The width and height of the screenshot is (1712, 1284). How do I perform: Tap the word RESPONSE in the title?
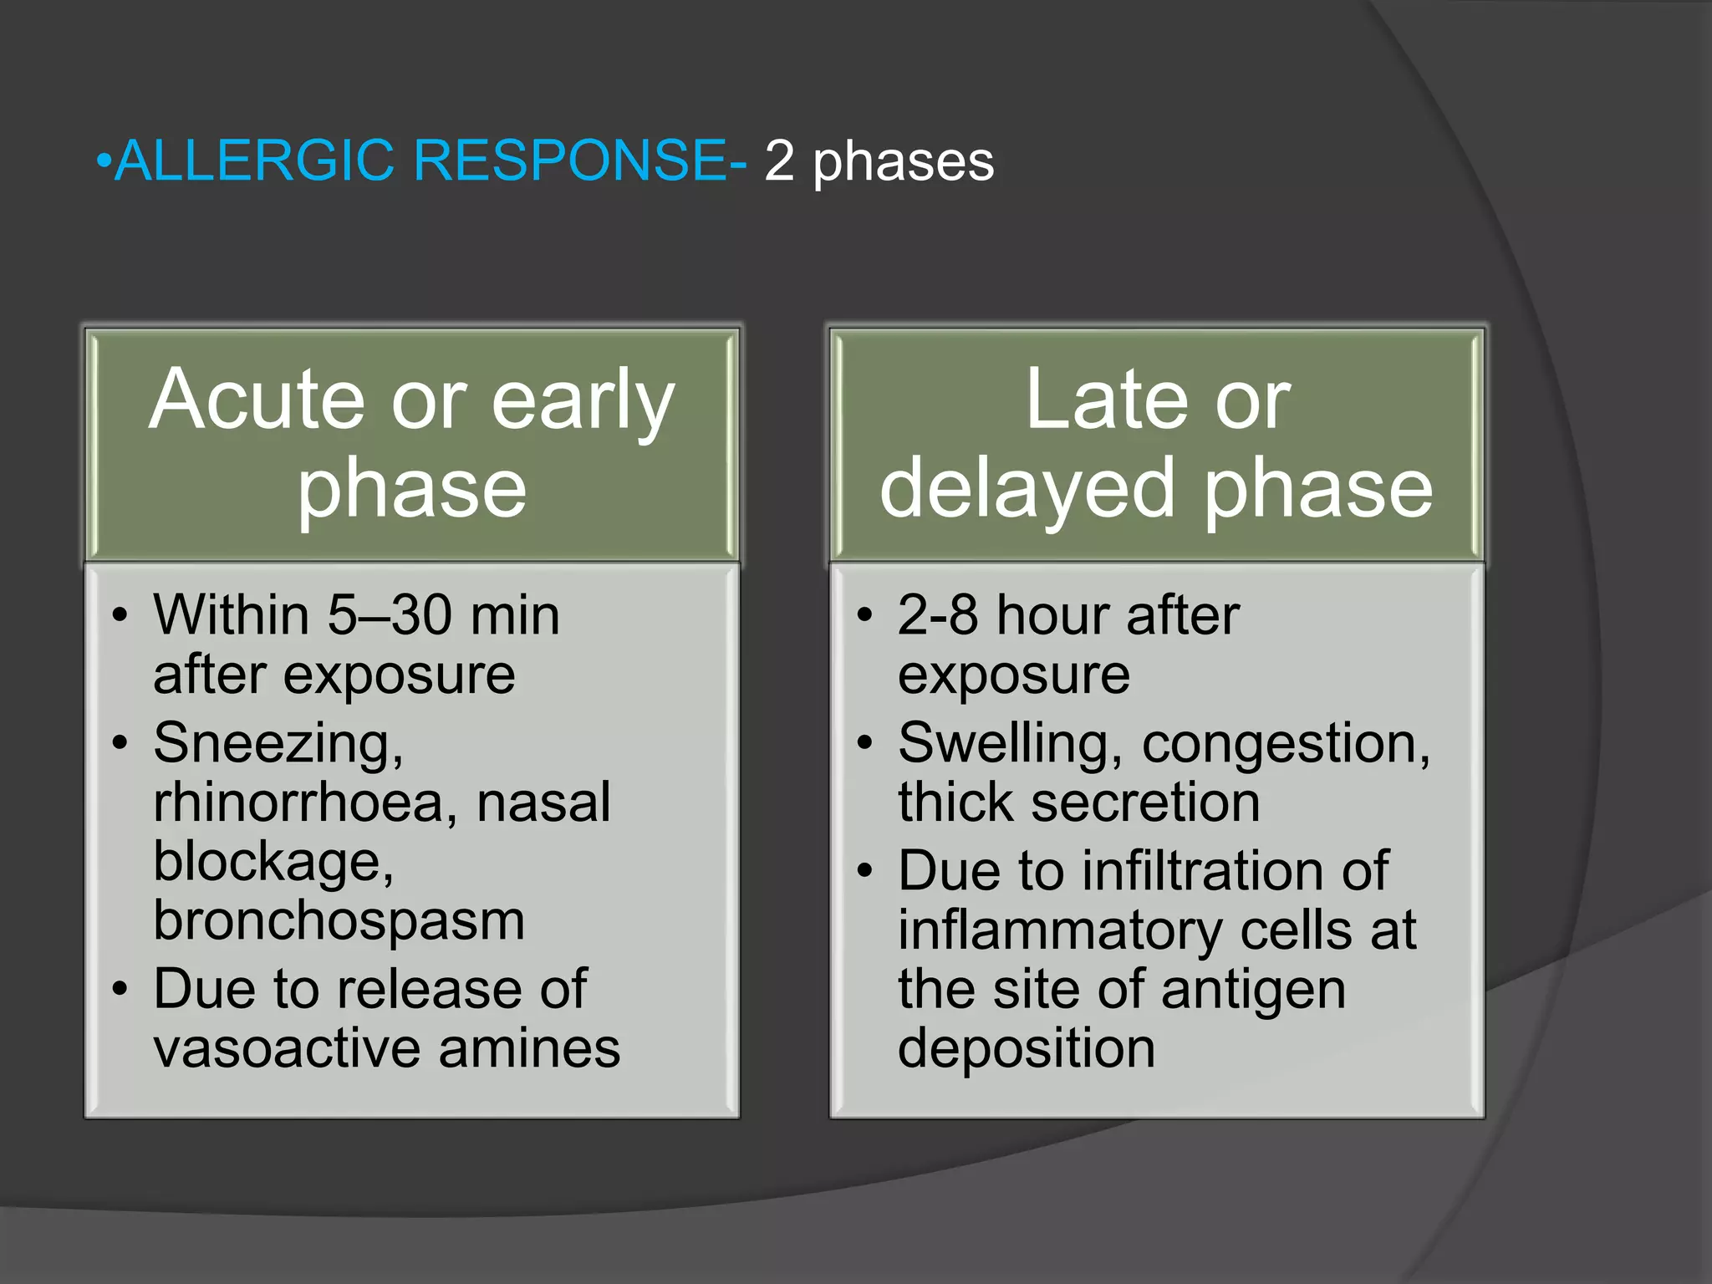pos(570,160)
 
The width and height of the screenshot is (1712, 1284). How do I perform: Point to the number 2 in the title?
pos(778,160)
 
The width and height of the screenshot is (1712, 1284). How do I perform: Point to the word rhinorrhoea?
pos(304,802)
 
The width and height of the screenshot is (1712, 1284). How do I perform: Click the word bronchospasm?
pos(339,921)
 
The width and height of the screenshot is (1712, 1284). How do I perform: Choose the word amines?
pos(529,1048)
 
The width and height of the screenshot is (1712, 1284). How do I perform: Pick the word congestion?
pos(1284,742)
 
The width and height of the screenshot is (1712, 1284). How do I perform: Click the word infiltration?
pos(1205,871)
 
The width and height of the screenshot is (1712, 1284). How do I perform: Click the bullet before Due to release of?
pos(120,990)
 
